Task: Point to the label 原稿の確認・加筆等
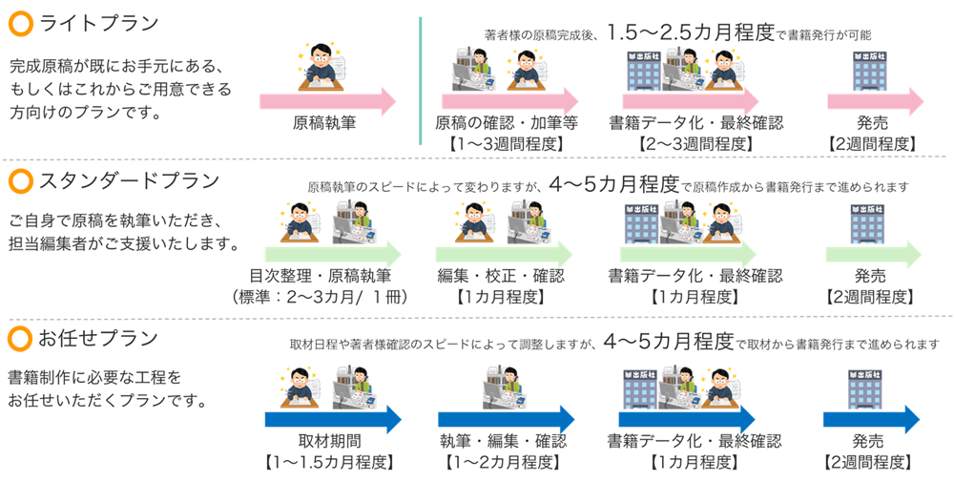507,123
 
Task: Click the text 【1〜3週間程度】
507,144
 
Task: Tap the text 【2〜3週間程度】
695,144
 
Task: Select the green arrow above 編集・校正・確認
503,254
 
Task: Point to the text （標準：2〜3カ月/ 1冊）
320,297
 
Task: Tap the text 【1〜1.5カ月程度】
329,462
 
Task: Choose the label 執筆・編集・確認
503,441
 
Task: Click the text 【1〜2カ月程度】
503,462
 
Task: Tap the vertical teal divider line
421,81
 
